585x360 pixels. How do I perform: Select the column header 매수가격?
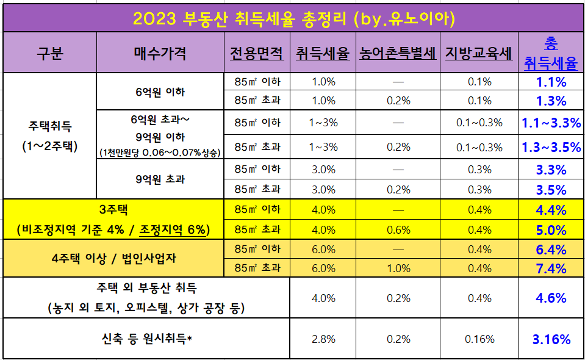[x=159, y=53]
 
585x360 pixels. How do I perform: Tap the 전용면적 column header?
[x=257, y=53]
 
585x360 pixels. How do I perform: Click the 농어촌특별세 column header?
[x=398, y=53]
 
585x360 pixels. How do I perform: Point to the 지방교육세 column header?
[x=479, y=53]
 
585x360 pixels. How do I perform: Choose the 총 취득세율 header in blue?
[x=551, y=53]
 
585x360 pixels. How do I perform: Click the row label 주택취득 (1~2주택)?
[x=50, y=136]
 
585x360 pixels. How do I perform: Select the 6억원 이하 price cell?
[x=160, y=92]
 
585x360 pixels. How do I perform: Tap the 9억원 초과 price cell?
[x=160, y=179]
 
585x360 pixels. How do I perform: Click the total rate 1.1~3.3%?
[x=551, y=123]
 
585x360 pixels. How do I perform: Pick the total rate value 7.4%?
[x=551, y=268]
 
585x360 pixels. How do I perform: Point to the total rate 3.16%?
[x=551, y=339]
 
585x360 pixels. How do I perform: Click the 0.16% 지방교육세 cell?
[x=479, y=339]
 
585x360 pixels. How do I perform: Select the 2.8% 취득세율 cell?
[x=323, y=339]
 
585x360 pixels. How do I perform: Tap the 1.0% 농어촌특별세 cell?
[x=398, y=268]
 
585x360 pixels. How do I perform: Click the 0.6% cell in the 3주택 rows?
[x=398, y=229]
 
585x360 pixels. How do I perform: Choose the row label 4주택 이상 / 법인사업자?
[x=113, y=258]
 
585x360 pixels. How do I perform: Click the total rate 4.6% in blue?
[x=551, y=298]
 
